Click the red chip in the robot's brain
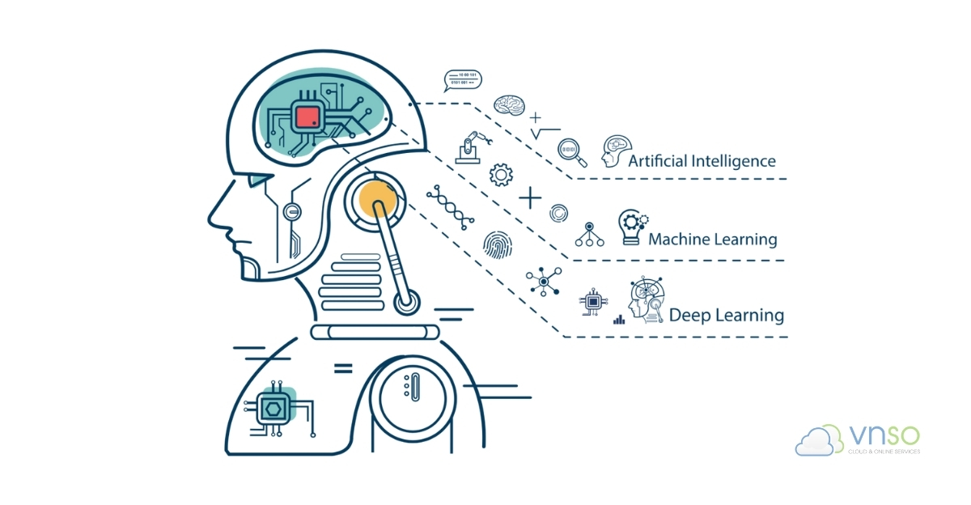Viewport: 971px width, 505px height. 307,117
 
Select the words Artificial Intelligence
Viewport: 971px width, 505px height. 702,161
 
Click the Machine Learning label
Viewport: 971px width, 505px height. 712,240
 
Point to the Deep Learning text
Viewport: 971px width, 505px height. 726,315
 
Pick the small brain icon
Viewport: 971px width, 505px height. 511,105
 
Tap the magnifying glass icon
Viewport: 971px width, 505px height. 570,150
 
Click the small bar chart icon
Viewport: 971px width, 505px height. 619,319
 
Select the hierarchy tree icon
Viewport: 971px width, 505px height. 588,235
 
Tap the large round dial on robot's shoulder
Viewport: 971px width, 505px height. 413,394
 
